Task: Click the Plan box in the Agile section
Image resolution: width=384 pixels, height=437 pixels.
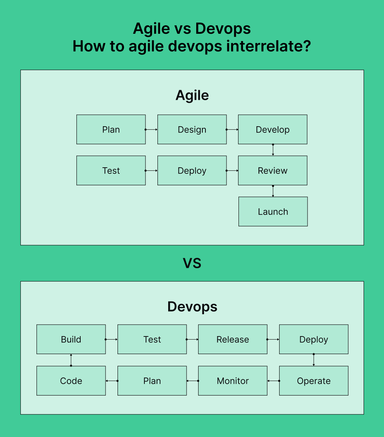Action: point(111,130)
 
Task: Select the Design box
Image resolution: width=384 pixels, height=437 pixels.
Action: point(192,130)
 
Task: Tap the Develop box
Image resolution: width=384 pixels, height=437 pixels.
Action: point(273,130)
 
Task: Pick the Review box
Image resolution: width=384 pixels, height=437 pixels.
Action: point(273,171)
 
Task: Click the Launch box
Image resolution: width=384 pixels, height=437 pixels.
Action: point(273,212)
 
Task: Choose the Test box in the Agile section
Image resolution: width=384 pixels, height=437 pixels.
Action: point(111,171)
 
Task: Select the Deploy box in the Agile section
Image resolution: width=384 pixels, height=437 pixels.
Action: point(192,171)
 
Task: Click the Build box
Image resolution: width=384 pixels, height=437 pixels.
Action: point(71,340)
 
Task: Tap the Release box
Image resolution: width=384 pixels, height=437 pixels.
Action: point(233,340)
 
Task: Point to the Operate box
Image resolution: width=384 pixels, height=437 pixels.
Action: point(314,381)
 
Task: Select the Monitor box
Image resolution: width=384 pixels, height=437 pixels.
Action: point(233,381)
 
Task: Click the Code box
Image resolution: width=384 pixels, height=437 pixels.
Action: point(71,381)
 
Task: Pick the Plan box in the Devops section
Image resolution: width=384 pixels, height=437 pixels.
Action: point(152,381)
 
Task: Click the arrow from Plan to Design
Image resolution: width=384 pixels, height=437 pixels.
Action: point(151,130)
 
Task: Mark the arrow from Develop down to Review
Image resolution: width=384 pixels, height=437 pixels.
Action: point(273,150)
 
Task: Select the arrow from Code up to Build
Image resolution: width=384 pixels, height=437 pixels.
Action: point(71,360)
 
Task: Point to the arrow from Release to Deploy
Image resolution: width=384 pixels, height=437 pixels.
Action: point(273,340)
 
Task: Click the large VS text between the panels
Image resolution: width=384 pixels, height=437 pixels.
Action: point(192,264)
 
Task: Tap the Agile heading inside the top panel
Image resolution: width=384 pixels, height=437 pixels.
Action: point(192,96)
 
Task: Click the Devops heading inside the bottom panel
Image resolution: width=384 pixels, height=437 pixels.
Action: point(192,307)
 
